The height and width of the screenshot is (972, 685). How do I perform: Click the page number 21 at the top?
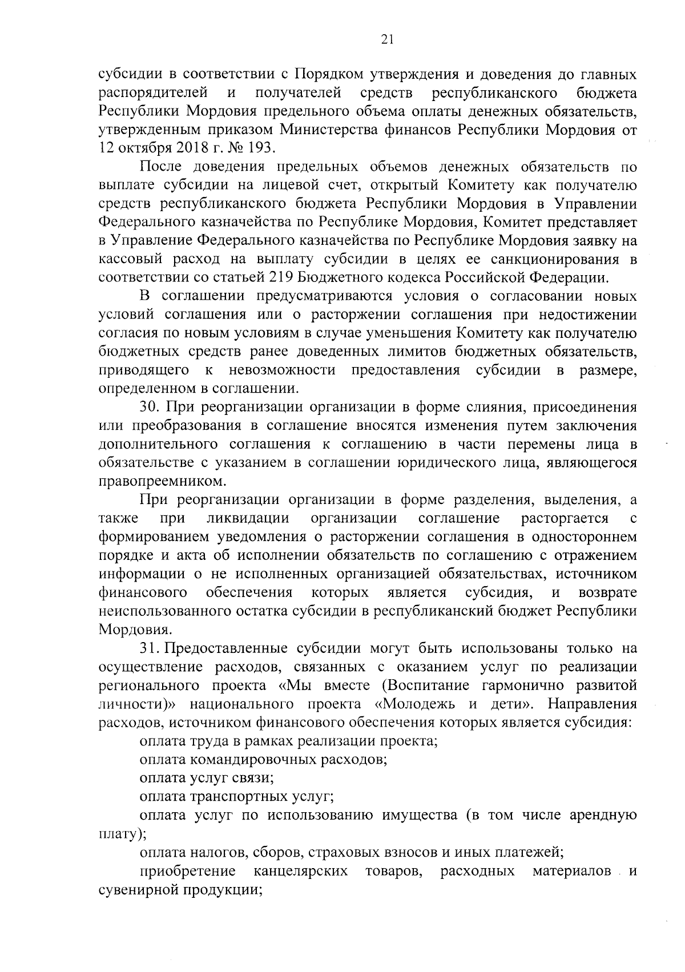pyautogui.click(x=386, y=38)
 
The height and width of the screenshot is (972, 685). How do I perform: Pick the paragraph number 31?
pyautogui.click(x=151, y=648)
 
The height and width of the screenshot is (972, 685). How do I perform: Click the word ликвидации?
pyautogui.click(x=247, y=518)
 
